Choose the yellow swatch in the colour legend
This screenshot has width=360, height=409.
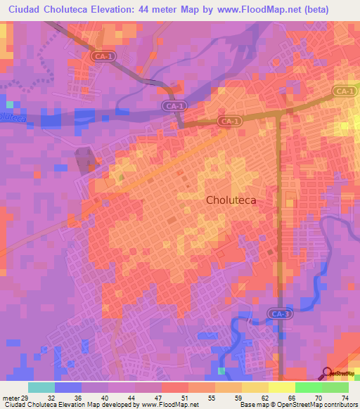[255, 387]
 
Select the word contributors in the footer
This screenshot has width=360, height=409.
[340, 404]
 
